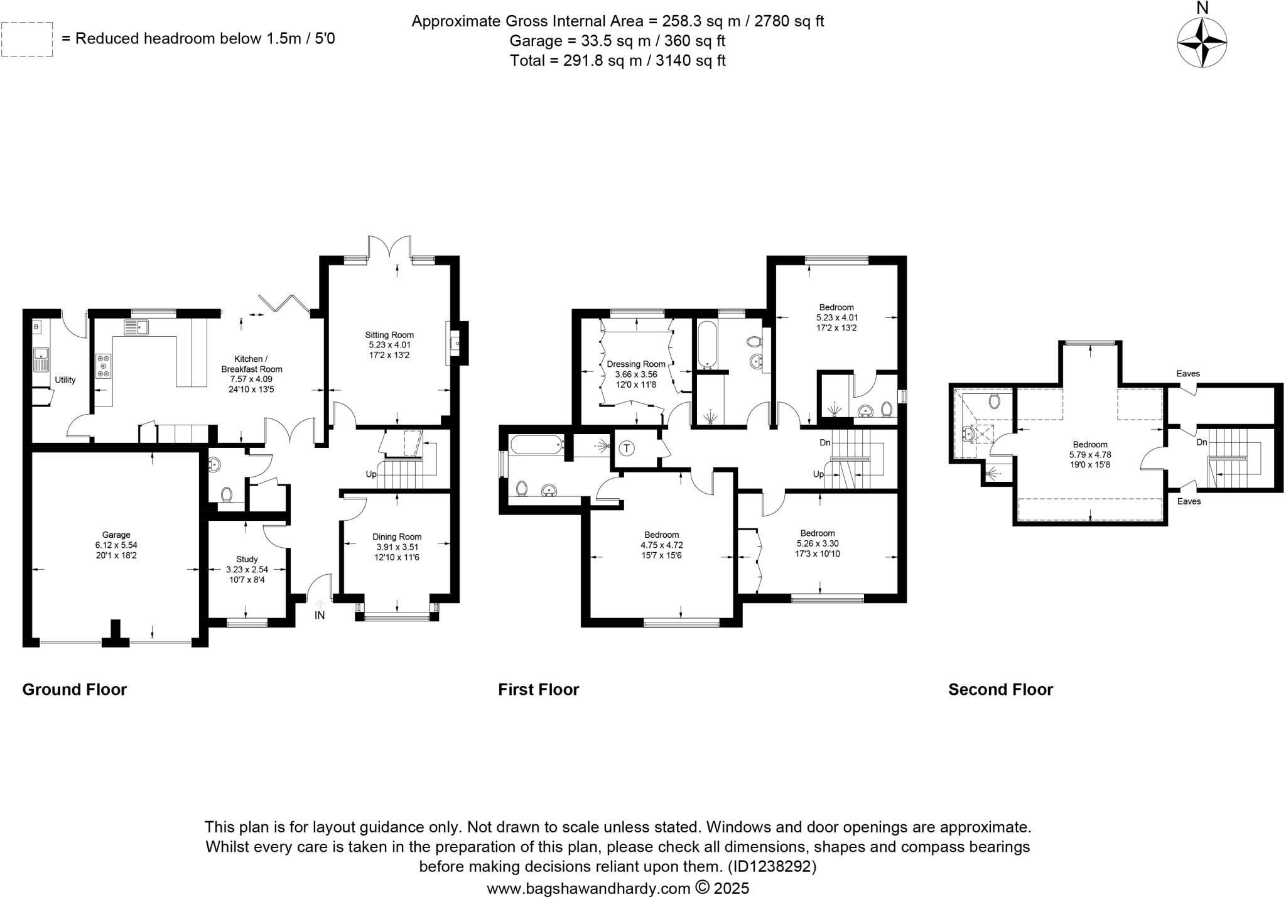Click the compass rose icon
pos(1201,42)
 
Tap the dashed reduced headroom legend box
pos(27,39)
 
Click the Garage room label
pos(116,535)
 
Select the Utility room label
pos(65,379)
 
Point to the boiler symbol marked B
pos(36,327)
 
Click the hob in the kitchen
pos(103,366)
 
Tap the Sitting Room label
pos(389,335)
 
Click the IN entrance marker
pos(320,615)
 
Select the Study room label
pos(247,559)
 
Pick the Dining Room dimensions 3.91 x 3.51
pos(397,547)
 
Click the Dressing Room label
pos(636,364)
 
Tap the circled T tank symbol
pos(626,448)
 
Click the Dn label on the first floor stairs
pos(825,442)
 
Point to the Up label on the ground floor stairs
pos(371,474)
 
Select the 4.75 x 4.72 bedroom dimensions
pos(661,545)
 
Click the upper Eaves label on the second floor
pos(1188,373)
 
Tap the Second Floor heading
pos(1000,689)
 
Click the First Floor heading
pos(538,689)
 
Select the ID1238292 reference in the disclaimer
pos(772,866)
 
